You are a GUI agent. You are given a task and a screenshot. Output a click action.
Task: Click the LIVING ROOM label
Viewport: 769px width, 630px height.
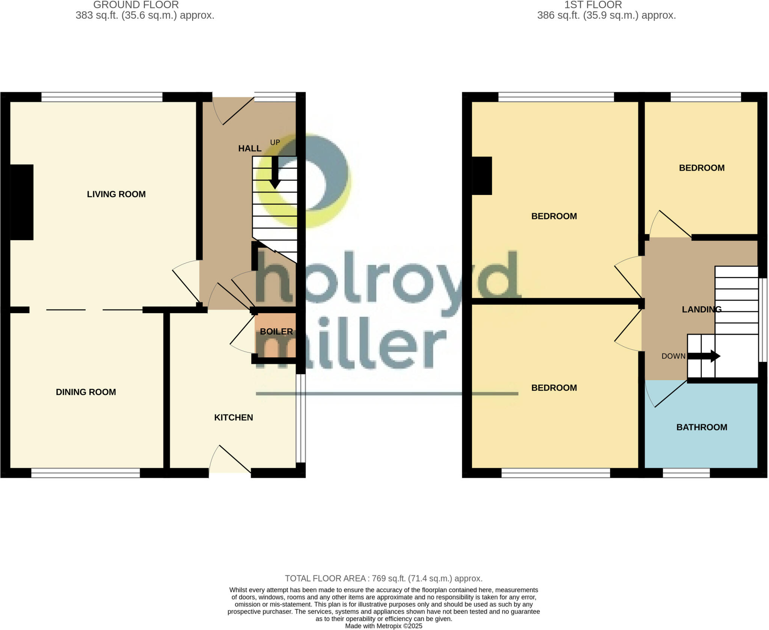[116, 194]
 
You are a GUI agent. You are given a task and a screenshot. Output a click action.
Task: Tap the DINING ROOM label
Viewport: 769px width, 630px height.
[86, 392]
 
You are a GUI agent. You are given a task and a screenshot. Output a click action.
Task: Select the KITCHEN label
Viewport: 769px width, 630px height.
[233, 417]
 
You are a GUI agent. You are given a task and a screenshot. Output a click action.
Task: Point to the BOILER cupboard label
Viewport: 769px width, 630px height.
[276, 331]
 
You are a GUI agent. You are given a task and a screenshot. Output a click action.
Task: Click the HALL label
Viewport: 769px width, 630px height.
[250, 148]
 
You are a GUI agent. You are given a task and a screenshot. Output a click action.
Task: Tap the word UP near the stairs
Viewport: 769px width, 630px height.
[275, 142]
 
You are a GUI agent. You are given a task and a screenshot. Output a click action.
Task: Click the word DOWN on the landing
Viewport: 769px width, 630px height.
[673, 356]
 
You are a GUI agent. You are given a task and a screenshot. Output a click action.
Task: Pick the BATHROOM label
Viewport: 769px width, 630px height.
[701, 427]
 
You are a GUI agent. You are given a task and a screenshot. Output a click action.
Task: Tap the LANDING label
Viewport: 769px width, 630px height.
[701, 309]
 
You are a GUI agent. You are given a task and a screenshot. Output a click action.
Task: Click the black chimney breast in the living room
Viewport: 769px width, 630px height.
[22, 202]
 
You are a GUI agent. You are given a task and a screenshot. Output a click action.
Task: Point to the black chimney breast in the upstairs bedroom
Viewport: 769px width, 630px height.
[482, 175]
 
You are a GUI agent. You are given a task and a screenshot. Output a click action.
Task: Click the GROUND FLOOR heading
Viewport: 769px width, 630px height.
[136, 5]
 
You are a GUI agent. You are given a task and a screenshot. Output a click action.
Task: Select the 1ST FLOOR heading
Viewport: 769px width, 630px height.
[593, 5]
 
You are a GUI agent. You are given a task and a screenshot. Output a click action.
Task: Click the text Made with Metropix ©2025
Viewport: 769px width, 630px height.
[383, 626]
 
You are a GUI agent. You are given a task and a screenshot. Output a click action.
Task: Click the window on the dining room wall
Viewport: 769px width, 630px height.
[86, 473]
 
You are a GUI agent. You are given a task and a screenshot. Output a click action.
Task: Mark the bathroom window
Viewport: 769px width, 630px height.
[686, 473]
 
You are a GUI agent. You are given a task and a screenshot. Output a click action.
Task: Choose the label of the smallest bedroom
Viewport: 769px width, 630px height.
[701, 168]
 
